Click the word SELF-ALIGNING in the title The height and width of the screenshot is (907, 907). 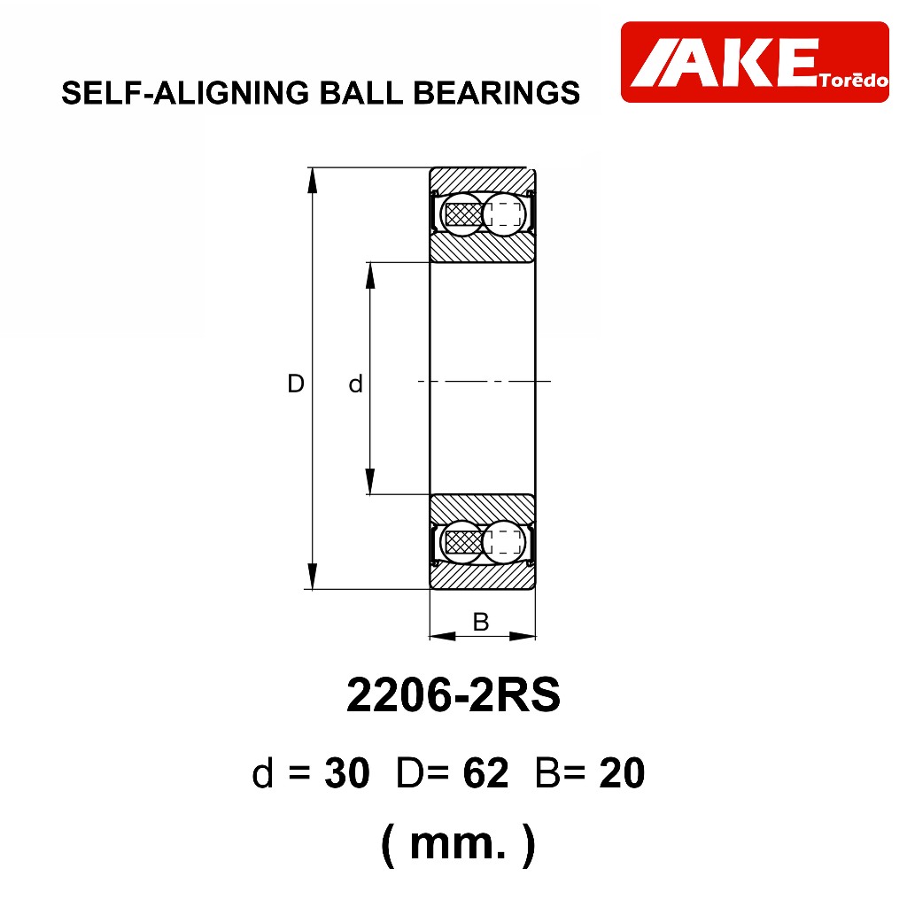pos(185,92)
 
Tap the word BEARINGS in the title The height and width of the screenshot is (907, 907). pos(496,92)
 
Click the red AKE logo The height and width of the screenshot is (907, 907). pos(755,62)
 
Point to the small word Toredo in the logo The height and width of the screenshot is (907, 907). pos(853,80)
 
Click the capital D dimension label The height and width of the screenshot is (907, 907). pos(296,384)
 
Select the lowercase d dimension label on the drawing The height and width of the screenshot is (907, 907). pos(355,384)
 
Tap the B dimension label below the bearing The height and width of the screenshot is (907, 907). pos(481,622)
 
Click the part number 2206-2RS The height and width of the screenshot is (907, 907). pos(453,694)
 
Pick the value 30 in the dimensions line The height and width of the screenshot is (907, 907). pos(347,772)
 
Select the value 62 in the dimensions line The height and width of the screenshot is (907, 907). pos(486,772)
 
